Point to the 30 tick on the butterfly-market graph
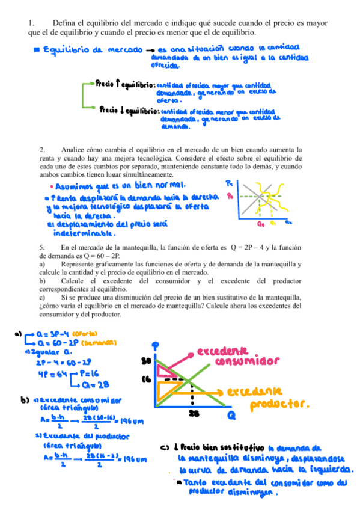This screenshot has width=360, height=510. (145, 361)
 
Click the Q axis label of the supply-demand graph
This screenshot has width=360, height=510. (231, 415)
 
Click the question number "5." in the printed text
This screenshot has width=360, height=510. (43, 247)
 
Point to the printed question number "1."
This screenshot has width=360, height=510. (32, 23)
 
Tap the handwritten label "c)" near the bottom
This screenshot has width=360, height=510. (167, 447)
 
